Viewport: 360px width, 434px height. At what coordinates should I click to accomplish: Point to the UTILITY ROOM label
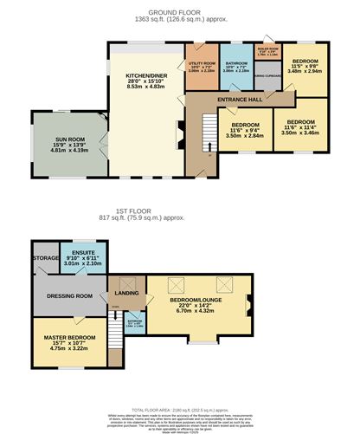201,63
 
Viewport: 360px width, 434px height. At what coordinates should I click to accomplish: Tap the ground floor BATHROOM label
235,63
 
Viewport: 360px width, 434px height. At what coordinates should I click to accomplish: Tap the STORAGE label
45,257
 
